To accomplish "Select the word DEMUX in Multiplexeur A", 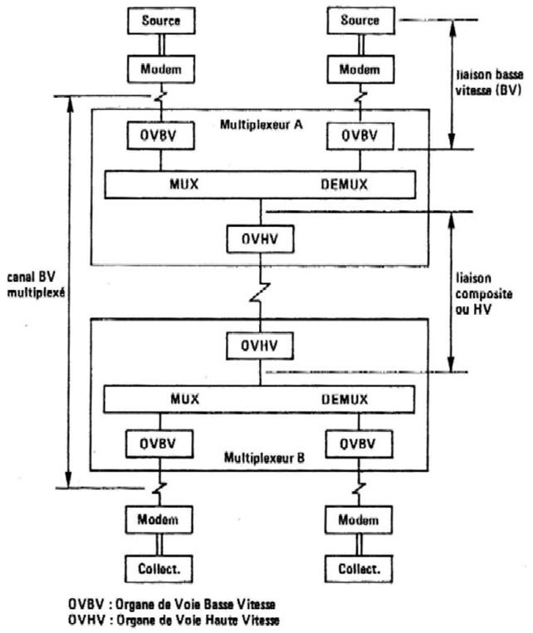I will [x=344, y=183].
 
